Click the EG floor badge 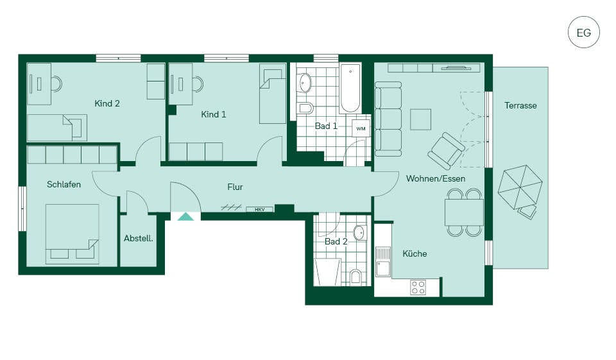(x=584, y=32)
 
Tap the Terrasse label (x=520, y=105)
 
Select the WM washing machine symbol (x=361, y=128)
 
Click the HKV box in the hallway (x=259, y=209)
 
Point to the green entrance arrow (x=185, y=216)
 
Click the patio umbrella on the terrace (x=520, y=187)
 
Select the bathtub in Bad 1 (x=350, y=88)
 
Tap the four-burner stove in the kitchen (x=418, y=287)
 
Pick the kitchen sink (x=384, y=262)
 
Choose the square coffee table (x=421, y=119)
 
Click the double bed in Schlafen (x=73, y=234)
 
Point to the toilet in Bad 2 (x=355, y=277)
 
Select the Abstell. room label (x=139, y=238)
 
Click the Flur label (x=235, y=187)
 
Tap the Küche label (x=415, y=253)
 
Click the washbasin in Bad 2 (x=359, y=233)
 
